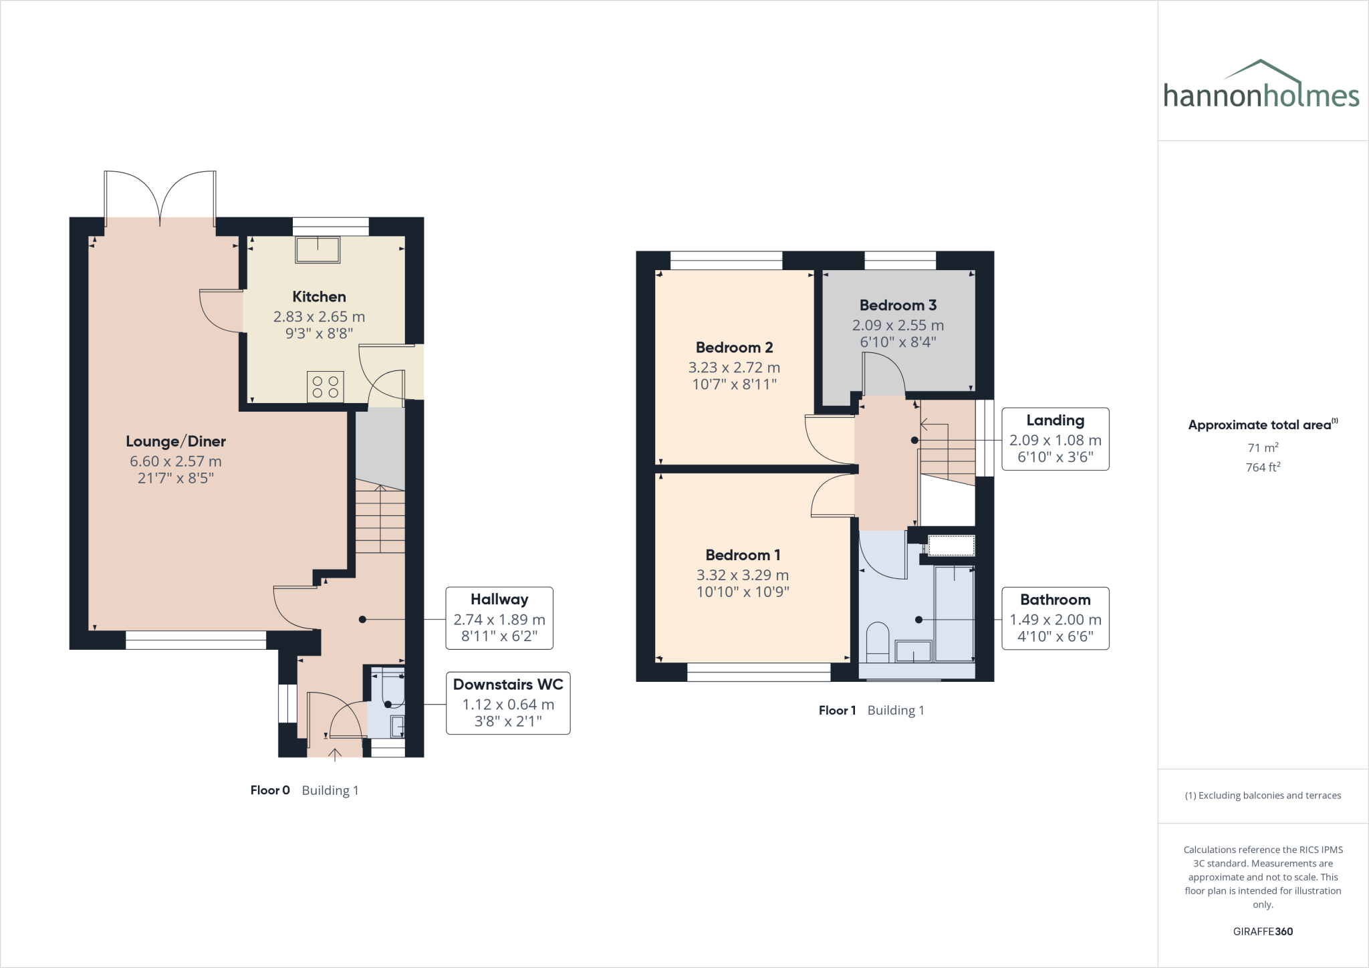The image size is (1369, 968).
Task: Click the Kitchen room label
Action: pyautogui.click(x=319, y=297)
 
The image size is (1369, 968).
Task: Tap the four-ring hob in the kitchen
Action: pyautogui.click(x=326, y=387)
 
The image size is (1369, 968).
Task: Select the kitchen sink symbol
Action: pyautogui.click(x=318, y=250)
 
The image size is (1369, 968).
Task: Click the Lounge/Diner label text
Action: pyautogui.click(x=176, y=441)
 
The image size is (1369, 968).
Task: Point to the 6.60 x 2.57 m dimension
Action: pyautogui.click(x=176, y=461)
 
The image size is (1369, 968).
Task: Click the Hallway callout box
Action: pyautogui.click(x=499, y=618)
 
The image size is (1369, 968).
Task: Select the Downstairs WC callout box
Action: pyautogui.click(x=508, y=703)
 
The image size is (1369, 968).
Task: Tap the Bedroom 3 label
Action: pyautogui.click(x=898, y=306)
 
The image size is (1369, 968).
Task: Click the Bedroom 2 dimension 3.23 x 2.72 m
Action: pyautogui.click(x=734, y=368)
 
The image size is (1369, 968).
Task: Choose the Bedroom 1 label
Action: pyautogui.click(x=743, y=555)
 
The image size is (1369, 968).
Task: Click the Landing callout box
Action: pyautogui.click(x=1055, y=439)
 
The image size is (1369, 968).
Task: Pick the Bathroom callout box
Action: pyautogui.click(x=1055, y=618)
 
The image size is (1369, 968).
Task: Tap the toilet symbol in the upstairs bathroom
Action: pyautogui.click(x=877, y=641)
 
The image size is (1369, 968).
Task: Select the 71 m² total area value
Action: pyautogui.click(x=1263, y=448)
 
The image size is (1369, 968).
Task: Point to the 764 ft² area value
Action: pyautogui.click(x=1263, y=467)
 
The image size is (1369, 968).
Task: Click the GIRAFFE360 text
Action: pyautogui.click(x=1263, y=931)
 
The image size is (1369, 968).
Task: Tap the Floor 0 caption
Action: pyautogui.click(x=270, y=790)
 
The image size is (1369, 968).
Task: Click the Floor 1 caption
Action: pyautogui.click(x=837, y=711)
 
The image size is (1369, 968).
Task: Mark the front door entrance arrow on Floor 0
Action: pyautogui.click(x=335, y=753)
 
